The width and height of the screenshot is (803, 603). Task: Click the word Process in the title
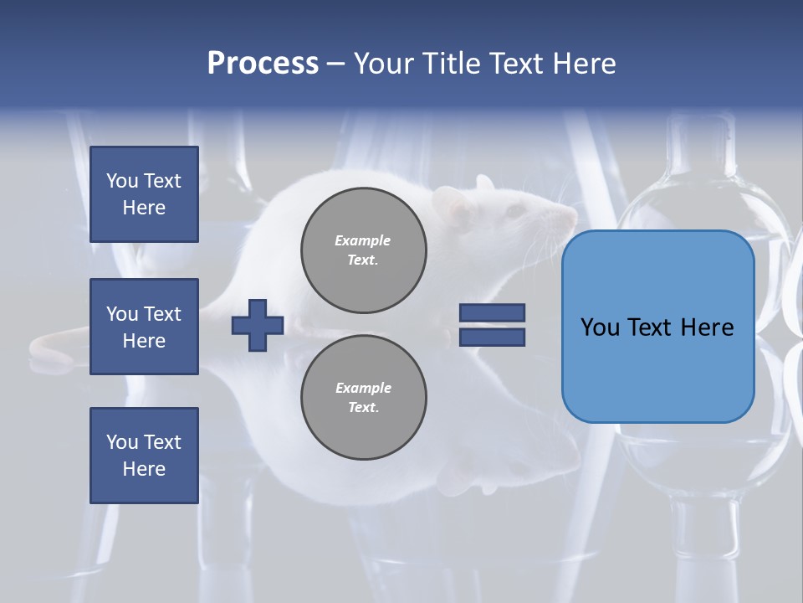click(x=263, y=63)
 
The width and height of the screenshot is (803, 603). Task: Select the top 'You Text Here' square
click(x=144, y=194)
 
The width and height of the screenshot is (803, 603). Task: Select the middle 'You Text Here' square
click(x=144, y=327)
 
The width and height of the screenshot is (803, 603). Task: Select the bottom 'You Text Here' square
click(x=144, y=456)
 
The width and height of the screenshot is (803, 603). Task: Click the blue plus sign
click(x=258, y=325)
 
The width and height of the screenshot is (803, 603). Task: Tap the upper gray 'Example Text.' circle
click(x=363, y=250)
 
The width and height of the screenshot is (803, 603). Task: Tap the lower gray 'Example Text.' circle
click(x=363, y=398)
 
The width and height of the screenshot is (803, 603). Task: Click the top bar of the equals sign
click(x=492, y=312)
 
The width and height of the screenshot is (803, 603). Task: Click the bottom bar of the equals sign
click(x=492, y=338)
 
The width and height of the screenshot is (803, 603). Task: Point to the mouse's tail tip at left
click(x=35, y=346)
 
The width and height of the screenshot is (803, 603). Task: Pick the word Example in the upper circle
click(x=362, y=240)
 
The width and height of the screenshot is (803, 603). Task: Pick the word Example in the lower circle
click(x=363, y=388)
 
